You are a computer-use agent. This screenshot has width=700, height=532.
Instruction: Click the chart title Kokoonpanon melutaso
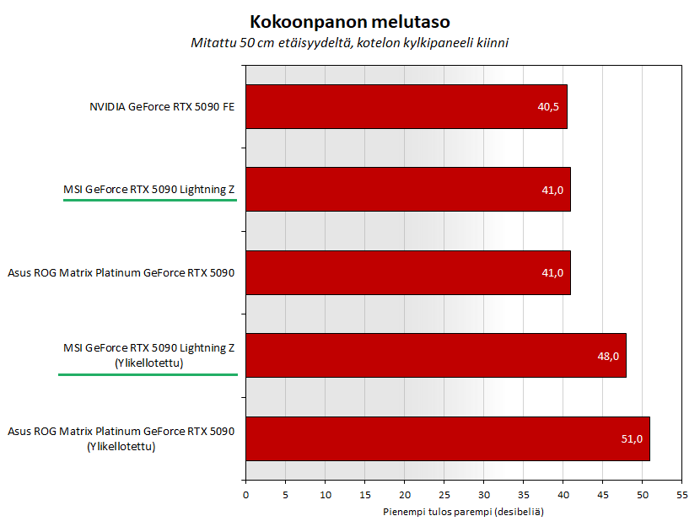point(349,21)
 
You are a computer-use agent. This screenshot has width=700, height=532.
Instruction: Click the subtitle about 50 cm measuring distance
point(349,43)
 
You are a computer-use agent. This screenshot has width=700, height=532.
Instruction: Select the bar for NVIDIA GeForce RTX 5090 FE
point(406,107)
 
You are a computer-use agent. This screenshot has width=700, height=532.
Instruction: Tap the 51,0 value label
point(631,438)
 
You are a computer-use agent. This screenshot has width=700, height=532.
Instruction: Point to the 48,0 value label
point(607,356)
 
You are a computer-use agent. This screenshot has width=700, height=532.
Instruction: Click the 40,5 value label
point(549,107)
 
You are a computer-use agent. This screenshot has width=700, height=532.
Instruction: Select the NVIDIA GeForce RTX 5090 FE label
point(162,107)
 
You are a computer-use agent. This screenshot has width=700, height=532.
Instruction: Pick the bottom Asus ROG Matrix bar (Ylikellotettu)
point(447,438)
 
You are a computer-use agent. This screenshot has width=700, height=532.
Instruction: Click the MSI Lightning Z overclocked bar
point(435,356)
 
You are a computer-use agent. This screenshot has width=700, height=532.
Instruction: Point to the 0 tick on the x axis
point(245,494)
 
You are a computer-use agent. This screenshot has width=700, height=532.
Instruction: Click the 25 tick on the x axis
point(444,494)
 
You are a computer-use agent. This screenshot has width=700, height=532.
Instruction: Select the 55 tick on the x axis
point(681,494)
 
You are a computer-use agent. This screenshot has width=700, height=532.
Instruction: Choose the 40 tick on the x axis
point(563,494)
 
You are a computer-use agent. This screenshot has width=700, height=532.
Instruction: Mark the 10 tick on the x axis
point(325,494)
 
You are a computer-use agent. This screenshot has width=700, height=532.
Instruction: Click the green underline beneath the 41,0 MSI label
point(150,201)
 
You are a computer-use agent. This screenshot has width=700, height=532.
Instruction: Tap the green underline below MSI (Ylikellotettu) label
point(148,373)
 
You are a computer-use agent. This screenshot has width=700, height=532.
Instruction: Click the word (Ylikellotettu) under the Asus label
point(121,447)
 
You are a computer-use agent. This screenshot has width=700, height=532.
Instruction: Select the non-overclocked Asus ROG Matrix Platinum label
point(121,273)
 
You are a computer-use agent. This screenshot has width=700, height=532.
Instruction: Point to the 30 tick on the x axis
point(483,494)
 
